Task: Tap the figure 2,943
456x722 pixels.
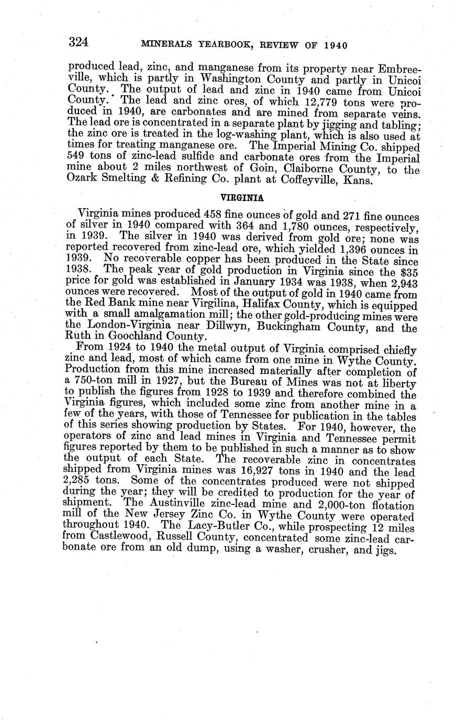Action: [402, 283]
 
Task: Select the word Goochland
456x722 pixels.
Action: [138, 338]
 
